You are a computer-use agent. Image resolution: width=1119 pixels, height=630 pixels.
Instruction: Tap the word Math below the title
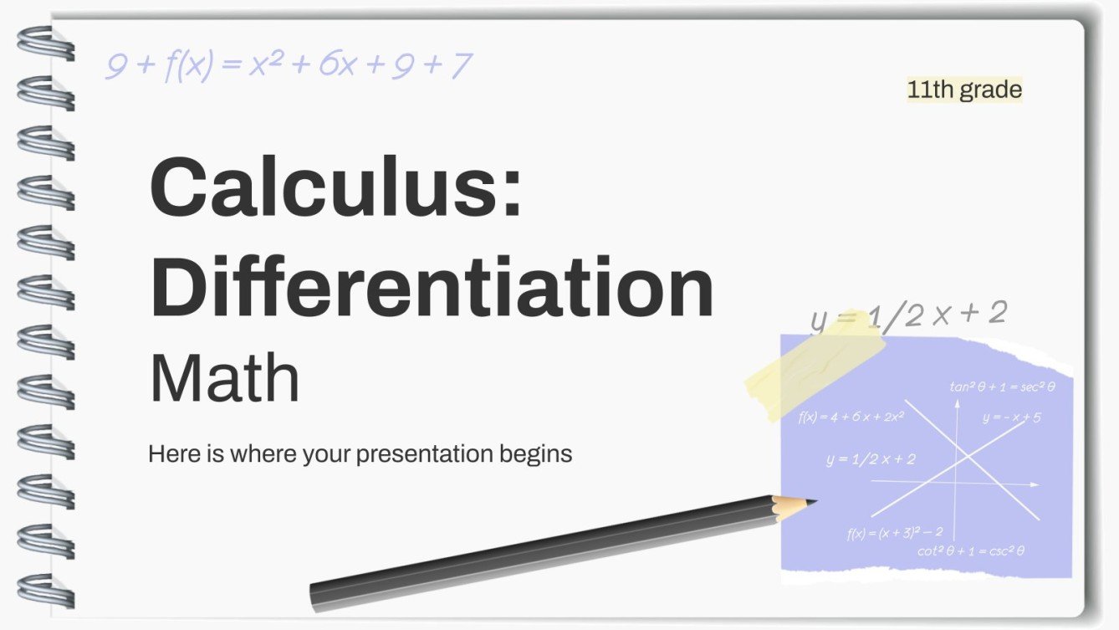[x=224, y=379]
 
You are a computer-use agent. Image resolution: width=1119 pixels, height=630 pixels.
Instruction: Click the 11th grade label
[x=964, y=90]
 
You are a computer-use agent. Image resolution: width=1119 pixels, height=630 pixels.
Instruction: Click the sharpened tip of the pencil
[x=811, y=503]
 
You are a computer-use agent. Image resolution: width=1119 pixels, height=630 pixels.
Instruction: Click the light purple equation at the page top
[x=289, y=65]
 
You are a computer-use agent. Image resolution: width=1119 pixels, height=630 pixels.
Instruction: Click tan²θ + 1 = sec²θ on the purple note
[x=1002, y=387]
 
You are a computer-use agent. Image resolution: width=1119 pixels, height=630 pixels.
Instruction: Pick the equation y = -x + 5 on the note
[x=1011, y=417]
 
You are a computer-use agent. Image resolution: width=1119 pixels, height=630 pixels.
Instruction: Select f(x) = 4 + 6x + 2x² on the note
[x=851, y=416]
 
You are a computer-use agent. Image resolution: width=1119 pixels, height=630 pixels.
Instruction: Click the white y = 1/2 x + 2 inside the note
[x=870, y=458]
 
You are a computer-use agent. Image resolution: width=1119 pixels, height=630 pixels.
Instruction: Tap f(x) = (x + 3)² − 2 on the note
[x=894, y=532]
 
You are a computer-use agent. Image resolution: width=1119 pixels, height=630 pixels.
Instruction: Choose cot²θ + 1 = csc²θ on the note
[x=970, y=551]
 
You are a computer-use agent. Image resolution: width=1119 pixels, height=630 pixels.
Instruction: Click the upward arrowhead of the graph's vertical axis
[x=956, y=402]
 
